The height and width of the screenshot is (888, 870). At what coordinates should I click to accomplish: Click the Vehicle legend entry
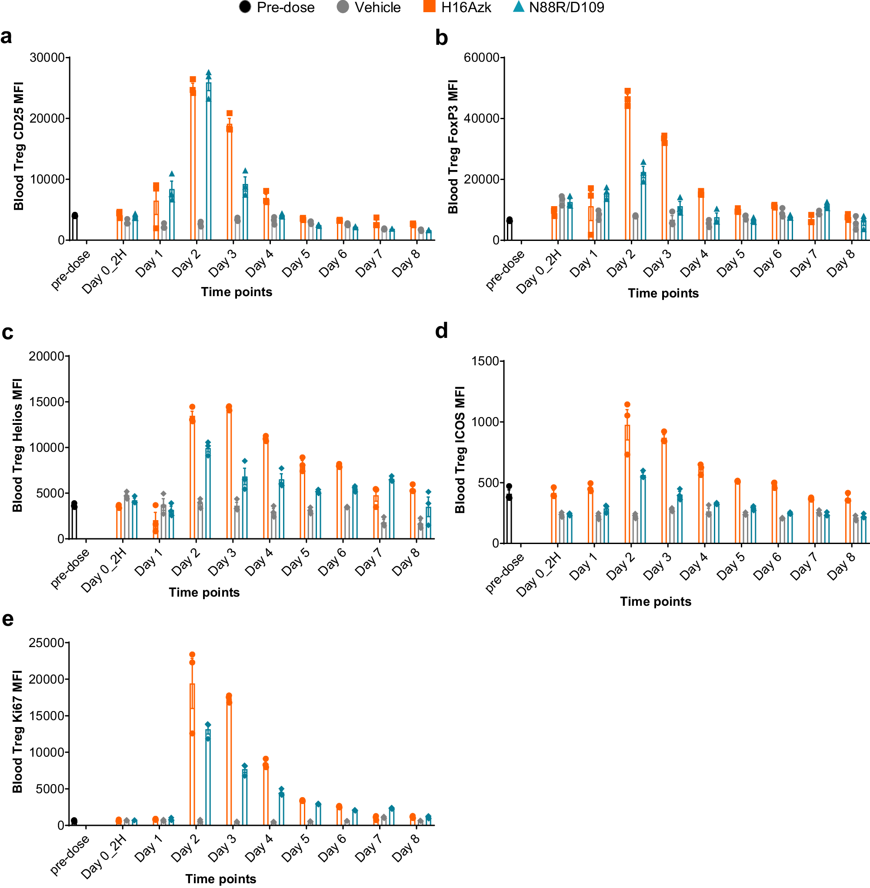(369, 7)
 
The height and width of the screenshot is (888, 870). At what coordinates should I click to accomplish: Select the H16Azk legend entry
(457, 7)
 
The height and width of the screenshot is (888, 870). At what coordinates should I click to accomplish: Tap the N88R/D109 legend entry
(558, 7)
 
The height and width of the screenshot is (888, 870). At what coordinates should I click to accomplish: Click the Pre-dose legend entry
(277, 7)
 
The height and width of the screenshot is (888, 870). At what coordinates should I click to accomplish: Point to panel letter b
(441, 37)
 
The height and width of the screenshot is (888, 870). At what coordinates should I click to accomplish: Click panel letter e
(8, 619)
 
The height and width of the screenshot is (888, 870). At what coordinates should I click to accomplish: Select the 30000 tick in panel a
(47, 57)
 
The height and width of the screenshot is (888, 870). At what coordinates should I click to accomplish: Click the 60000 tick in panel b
(481, 57)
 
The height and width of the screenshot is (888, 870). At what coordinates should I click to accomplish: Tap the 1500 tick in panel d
(485, 361)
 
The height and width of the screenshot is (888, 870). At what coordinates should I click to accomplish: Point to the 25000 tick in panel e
(46, 643)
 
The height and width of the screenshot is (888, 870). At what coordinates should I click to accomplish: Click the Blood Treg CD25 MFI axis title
(18, 146)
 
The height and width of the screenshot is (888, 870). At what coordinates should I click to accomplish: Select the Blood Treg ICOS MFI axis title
(460, 450)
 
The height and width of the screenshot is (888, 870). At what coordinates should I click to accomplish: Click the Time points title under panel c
(204, 593)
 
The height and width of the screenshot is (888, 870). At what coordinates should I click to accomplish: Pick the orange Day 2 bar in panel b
(627, 169)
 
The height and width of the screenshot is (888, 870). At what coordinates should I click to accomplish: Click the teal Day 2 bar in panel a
(208, 160)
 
